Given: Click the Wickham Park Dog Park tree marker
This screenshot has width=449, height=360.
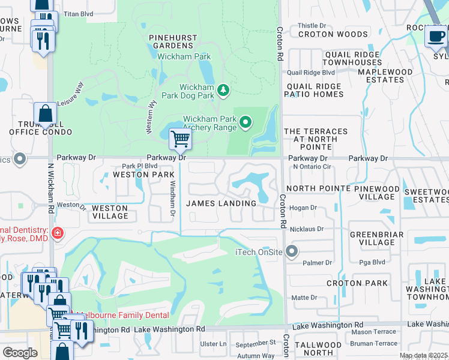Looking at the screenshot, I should point(223,90).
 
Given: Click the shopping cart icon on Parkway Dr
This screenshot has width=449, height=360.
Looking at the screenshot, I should point(180,139).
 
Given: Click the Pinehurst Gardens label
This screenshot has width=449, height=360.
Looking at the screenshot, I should point(172,41).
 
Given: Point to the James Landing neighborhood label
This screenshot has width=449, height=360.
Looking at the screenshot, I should point(221,203).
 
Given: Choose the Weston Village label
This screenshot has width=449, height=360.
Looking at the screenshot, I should point(109,212).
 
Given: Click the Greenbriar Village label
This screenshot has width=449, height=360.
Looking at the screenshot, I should point(372,238).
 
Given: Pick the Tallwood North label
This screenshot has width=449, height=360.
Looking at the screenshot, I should point(323,349).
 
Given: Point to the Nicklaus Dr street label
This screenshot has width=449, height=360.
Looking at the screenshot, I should point(307,229).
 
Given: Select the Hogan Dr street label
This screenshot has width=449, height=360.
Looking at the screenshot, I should point(303,208).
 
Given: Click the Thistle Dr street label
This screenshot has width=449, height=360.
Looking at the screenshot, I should point(312,26).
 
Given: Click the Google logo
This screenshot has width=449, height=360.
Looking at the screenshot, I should point(20,352).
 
